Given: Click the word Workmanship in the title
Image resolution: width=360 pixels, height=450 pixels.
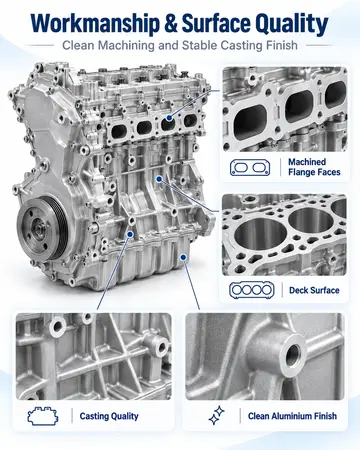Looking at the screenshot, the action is point(95,24).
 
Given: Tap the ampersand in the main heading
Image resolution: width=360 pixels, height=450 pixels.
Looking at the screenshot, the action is point(171,23).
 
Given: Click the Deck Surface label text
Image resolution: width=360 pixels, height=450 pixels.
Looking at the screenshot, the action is point(314,290).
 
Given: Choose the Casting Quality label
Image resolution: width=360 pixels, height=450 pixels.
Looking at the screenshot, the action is point(109,416).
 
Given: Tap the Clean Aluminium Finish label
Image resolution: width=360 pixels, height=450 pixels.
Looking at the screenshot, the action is point(292,416).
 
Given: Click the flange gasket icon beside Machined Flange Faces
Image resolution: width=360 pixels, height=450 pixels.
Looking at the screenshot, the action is point(250,167).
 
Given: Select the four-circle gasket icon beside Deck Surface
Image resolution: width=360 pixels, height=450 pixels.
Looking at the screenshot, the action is point(252,290).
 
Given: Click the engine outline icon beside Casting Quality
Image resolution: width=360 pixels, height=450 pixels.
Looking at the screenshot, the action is point(43,416).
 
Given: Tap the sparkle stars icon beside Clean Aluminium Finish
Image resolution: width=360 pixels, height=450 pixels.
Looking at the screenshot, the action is point(217,415).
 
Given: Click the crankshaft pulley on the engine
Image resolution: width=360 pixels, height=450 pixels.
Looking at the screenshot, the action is point(43,229).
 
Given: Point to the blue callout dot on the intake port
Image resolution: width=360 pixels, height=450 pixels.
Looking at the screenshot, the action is point(169,118).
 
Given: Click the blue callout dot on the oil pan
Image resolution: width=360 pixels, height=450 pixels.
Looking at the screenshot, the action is point(183,257).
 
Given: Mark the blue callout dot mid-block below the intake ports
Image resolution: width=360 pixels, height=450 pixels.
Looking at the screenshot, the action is point(159,179).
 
